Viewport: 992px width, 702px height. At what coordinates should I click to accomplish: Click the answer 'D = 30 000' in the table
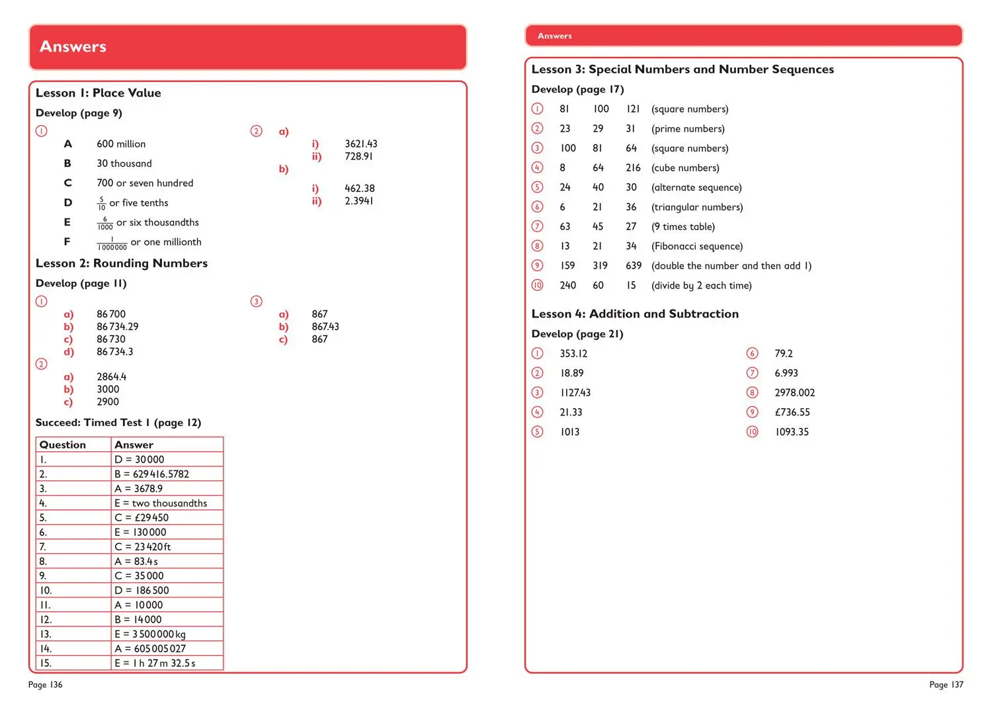pos(140,460)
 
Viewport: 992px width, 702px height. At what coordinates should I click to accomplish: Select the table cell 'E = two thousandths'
pos(161,504)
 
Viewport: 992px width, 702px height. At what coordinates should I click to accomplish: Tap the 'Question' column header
pos(63,445)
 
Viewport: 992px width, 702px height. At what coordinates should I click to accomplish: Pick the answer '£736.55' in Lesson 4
pos(792,412)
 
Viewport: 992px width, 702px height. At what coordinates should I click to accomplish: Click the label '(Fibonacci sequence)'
pos(697,246)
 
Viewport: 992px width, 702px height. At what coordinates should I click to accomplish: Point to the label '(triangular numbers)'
pos(697,207)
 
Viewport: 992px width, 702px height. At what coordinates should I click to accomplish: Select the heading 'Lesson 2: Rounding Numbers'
pos(122,263)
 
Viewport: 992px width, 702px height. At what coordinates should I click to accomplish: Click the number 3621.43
pos(361,144)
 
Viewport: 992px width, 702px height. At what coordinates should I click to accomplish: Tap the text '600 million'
pos(121,144)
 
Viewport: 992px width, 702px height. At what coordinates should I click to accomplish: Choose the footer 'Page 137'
pos(946,685)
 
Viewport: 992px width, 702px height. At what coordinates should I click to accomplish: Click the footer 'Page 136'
pos(46,685)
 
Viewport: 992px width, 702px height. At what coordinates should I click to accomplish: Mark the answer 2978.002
pos(795,393)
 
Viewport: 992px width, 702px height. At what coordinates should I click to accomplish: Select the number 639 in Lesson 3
pos(634,266)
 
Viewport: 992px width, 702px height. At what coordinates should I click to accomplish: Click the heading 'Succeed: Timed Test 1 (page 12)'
pos(118,423)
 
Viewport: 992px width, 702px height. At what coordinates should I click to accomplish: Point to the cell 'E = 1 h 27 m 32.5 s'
pos(155,664)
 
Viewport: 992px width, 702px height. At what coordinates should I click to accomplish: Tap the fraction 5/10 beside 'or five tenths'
pos(101,203)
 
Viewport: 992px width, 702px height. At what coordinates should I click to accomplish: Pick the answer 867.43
pos(325,327)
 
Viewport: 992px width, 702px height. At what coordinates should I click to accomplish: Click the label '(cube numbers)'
pos(685,168)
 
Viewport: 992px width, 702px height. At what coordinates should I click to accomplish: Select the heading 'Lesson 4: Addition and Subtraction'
pos(635,314)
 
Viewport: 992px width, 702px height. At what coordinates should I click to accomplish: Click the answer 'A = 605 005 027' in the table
pos(150,649)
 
